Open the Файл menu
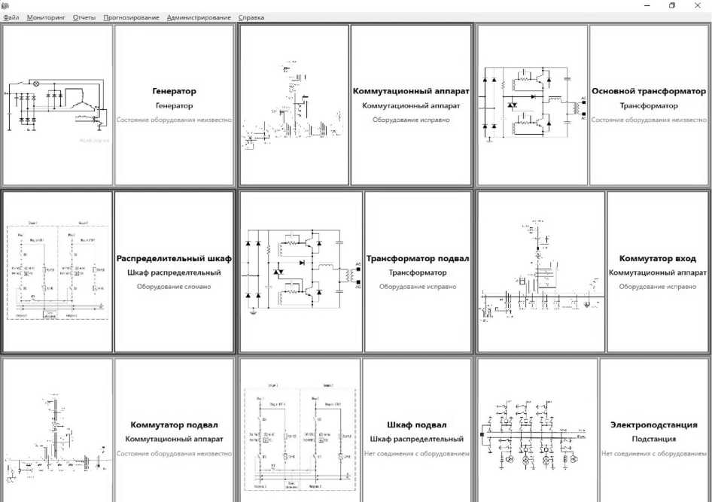click(11, 17)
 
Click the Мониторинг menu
click(46, 17)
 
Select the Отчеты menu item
click(84, 17)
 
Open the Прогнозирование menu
click(131, 17)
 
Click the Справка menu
click(251, 17)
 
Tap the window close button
click(697, 5)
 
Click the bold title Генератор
click(174, 91)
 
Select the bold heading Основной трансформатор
click(649, 91)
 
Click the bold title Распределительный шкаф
click(174, 259)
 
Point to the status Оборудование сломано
click(174, 287)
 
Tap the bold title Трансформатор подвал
click(418, 259)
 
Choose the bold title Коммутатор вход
click(657, 259)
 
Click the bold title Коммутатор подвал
click(174, 425)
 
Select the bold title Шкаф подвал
click(417, 425)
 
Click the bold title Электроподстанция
click(653, 425)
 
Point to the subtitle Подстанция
click(653, 439)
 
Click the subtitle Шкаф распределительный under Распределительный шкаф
click(174, 272)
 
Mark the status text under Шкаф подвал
click(417, 454)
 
